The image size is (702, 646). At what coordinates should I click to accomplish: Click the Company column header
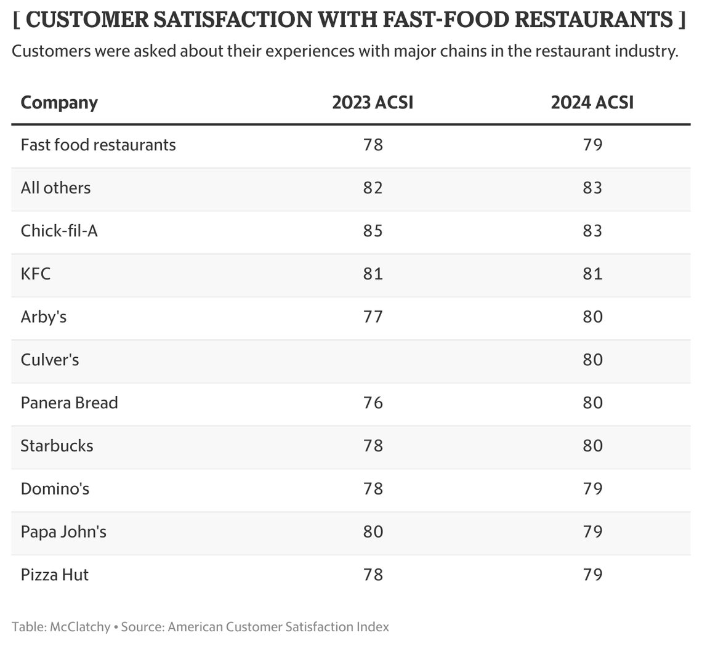tap(59, 102)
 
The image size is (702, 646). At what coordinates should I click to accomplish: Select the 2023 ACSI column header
tap(373, 102)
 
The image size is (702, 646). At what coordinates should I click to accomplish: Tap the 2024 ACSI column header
tap(592, 102)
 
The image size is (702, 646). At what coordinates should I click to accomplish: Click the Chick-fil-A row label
tap(59, 231)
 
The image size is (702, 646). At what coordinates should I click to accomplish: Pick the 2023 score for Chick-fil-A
tap(373, 231)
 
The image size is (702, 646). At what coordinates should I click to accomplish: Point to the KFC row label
tap(36, 273)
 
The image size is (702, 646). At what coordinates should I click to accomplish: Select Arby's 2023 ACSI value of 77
tap(373, 317)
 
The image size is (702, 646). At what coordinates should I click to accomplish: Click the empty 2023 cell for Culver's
tap(373, 360)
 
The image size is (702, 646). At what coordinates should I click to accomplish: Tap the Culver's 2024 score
tap(592, 360)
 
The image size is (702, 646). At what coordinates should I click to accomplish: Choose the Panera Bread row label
tap(69, 403)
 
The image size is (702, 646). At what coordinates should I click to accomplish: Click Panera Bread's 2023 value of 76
tap(373, 403)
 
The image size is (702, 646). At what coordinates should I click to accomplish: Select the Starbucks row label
tap(57, 446)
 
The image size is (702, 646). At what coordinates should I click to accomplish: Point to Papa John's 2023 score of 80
tap(373, 531)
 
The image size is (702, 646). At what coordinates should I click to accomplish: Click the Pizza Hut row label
tap(54, 575)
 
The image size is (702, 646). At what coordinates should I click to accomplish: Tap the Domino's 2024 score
tap(592, 489)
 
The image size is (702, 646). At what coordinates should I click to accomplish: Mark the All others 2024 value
tap(592, 188)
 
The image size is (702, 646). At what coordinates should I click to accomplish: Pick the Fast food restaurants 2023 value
tap(373, 145)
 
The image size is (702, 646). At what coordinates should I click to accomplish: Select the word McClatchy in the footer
tap(80, 627)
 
